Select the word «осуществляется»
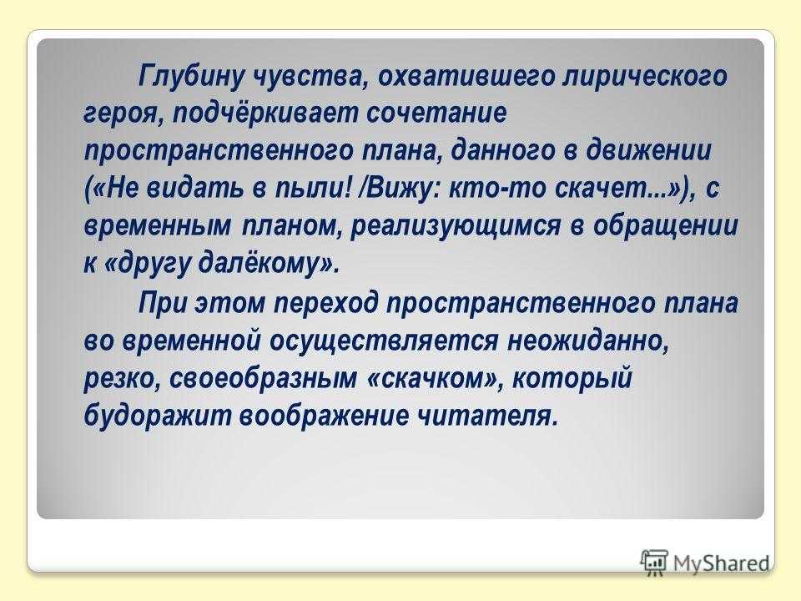383,341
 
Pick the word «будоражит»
157,416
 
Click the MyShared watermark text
721,563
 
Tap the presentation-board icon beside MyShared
654,561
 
